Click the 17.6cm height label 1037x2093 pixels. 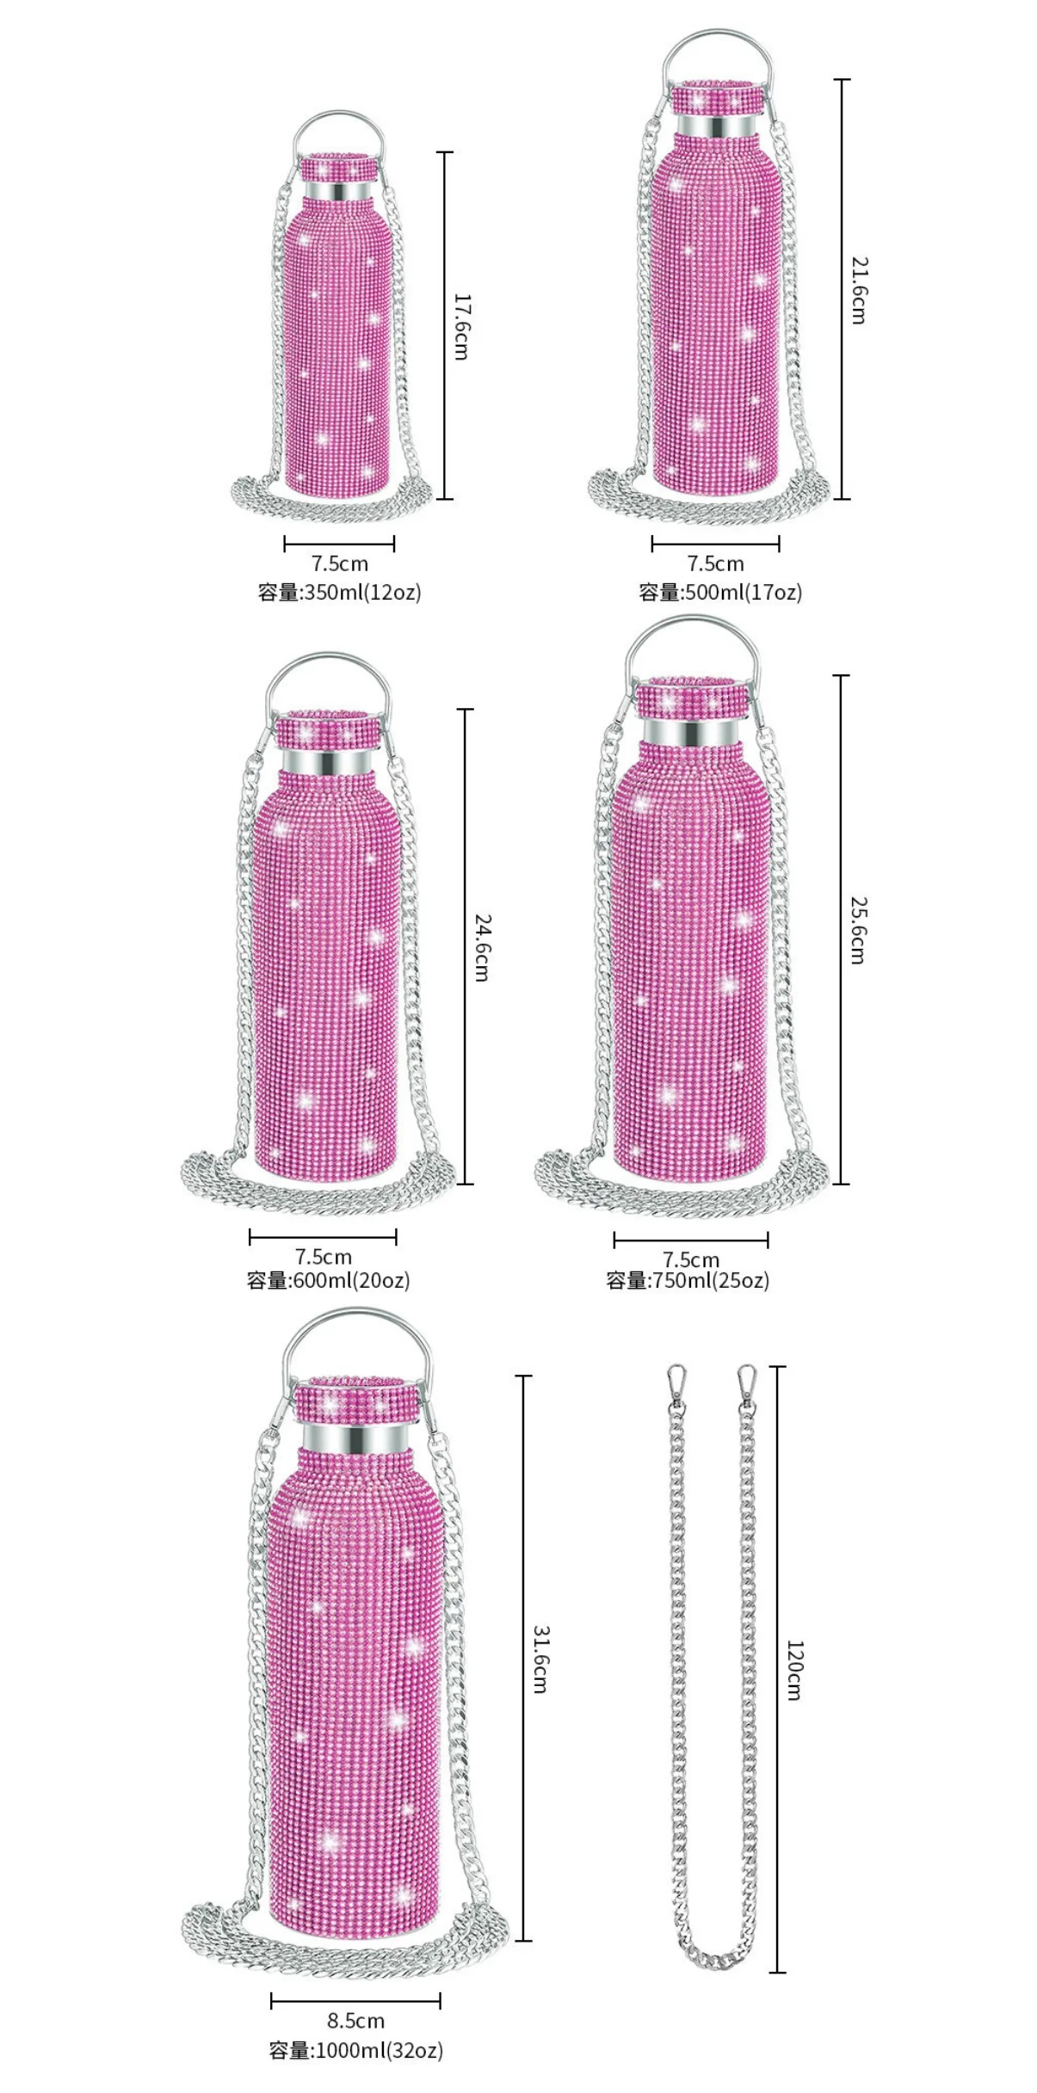[x=461, y=327]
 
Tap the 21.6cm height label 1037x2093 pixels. [x=859, y=290]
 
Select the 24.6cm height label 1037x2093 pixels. [x=482, y=947]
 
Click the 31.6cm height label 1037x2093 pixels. [x=540, y=1659]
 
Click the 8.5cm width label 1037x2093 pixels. [x=355, y=2020]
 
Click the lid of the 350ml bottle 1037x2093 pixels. [x=338, y=168]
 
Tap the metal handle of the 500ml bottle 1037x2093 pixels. [x=716, y=39]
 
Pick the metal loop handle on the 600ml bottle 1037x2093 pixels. [x=326, y=662]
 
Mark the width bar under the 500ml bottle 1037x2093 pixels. [x=715, y=544]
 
